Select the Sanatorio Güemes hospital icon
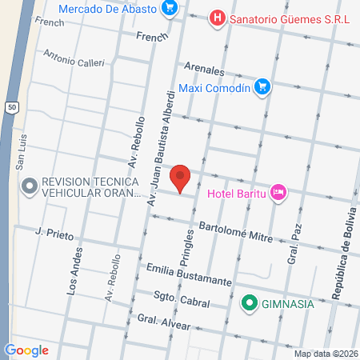pyautogui.click(x=216, y=17)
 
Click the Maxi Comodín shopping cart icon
pyautogui.click(x=262, y=87)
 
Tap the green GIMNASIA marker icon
pyautogui.click(x=249, y=303)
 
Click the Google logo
pyautogui.click(x=26, y=350)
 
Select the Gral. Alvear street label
pyautogui.click(x=163, y=322)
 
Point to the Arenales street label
pyautogui.click(x=204, y=69)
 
